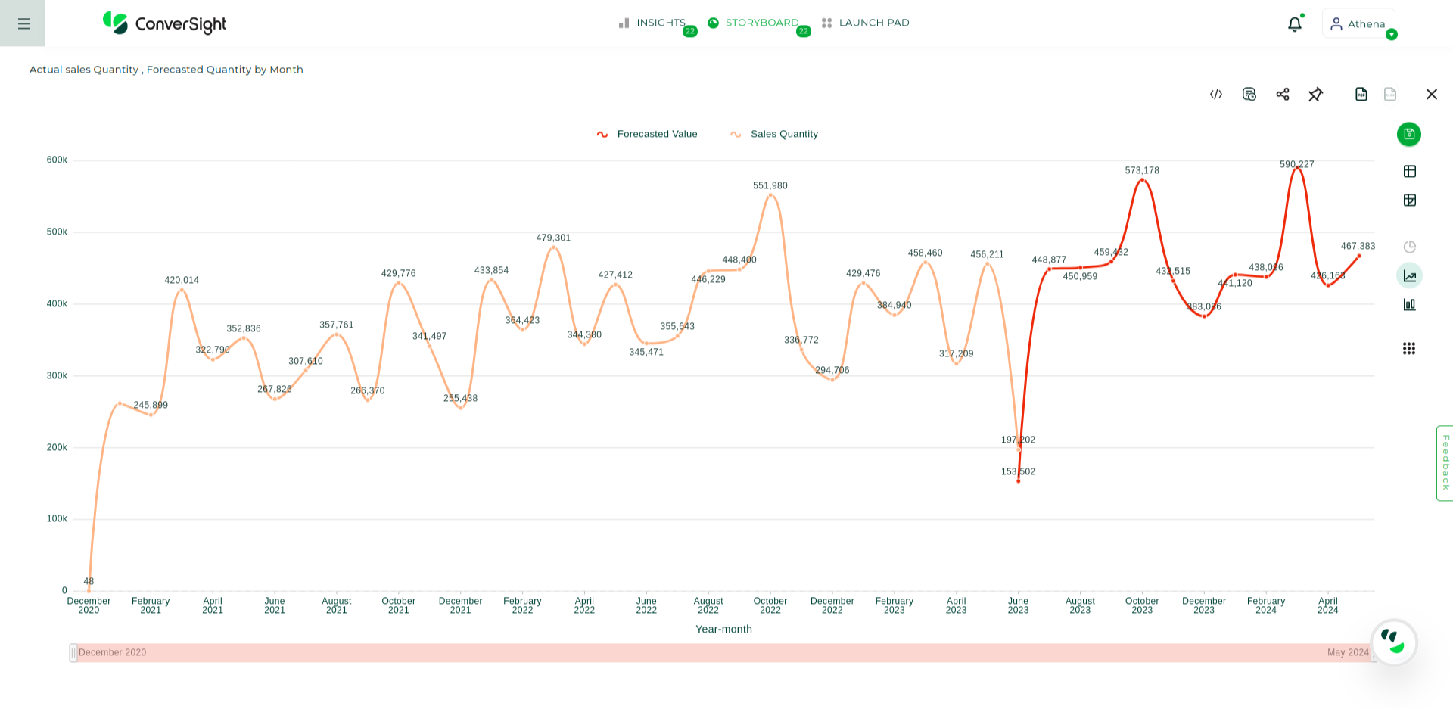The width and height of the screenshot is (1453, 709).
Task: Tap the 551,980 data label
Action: click(x=770, y=185)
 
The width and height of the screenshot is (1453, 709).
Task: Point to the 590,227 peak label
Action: click(x=1296, y=164)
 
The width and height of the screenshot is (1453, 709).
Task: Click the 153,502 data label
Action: click(x=1018, y=471)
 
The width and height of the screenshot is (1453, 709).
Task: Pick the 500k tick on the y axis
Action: click(x=57, y=232)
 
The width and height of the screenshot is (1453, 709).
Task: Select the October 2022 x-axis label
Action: click(x=770, y=605)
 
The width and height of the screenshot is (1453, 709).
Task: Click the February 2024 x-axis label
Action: click(x=1265, y=605)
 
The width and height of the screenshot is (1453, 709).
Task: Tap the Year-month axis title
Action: click(x=723, y=629)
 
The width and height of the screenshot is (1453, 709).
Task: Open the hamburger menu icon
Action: click(x=23, y=23)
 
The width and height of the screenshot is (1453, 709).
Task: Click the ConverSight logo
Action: click(x=165, y=23)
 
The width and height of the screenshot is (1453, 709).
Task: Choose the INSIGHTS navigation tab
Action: click(x=653, y=23)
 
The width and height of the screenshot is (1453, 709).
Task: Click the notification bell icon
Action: click(x=1294, y=24)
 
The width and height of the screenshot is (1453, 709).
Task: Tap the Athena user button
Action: click(x=1358, y=23)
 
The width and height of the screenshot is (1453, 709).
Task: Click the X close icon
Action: click(x=1431, y=94)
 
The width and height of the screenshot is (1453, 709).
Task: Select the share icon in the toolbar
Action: click(x=1283, y=94)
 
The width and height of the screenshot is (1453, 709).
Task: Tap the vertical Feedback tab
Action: click(x=1445, y=462)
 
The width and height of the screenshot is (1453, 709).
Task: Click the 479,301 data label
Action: click(x=553, y=238)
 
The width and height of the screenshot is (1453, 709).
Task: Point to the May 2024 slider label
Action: click(x=1347, y=652)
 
